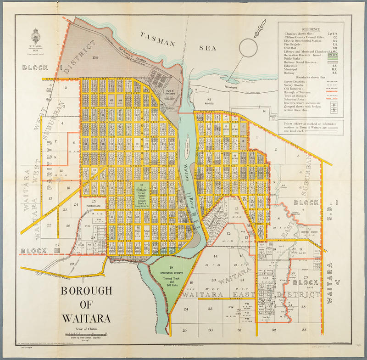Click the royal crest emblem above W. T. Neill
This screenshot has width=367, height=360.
36,37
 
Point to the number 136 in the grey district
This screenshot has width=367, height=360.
95,58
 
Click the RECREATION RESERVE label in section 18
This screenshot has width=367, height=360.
172,273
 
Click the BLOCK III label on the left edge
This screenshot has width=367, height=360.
39,251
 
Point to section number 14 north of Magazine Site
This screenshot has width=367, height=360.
264,111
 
